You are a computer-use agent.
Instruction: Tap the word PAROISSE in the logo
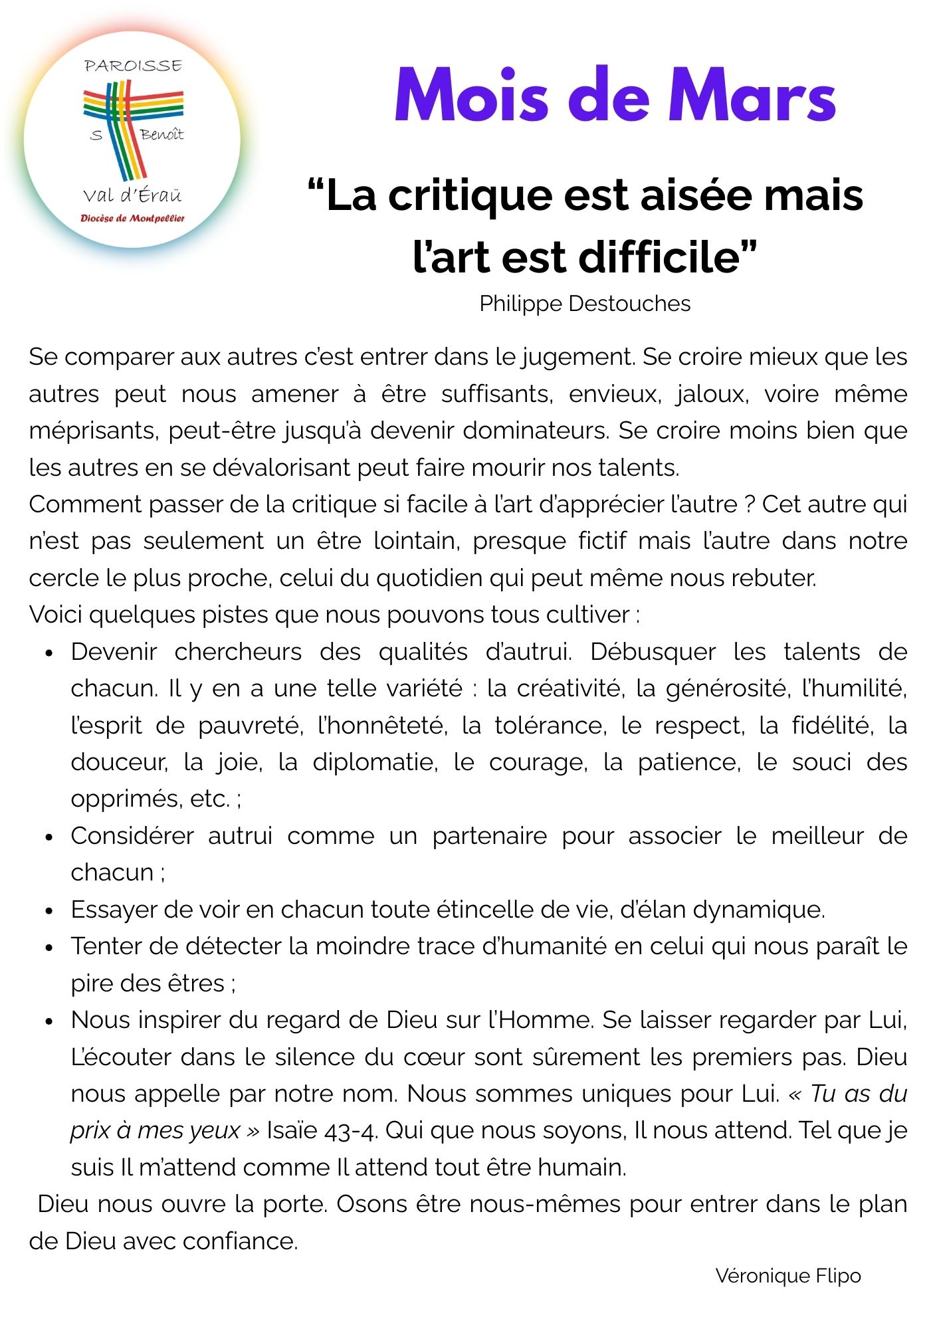pyautogui.click(x=133, y=66)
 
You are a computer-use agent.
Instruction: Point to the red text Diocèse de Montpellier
pyautogui.click(x=132, y=219)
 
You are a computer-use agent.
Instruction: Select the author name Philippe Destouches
pyautogui.click(x=585, y=304)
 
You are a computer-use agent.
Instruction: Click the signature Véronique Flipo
pyautogui.click(x=788, y=1275)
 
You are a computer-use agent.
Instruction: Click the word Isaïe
pyautogui.click(x=292, y=1130)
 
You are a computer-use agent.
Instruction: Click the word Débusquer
pyautogui.click(x=653, y=652)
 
